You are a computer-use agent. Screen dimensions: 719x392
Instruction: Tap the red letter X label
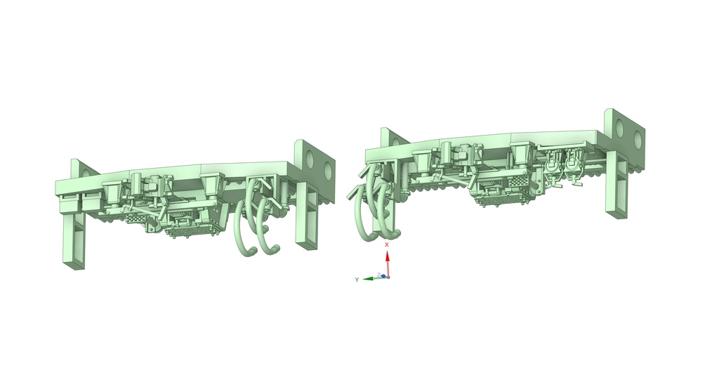387,244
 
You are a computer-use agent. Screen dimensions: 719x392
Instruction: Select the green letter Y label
357,280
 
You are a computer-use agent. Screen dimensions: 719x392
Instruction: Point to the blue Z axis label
378,275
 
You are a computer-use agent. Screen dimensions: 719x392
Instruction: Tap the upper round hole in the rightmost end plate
621,128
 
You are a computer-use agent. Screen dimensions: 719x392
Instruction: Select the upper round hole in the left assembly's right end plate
310,159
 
